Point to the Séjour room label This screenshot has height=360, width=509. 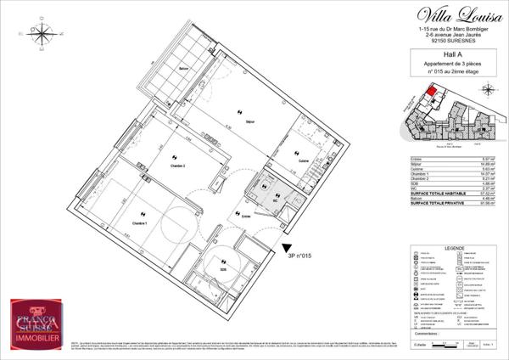pyautogui.click(x=239, y=121)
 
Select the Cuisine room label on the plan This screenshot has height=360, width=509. pyautogui.click(x=303, y=160)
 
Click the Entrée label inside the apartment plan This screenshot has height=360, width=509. pyautogui.click(x=246, y=217)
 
